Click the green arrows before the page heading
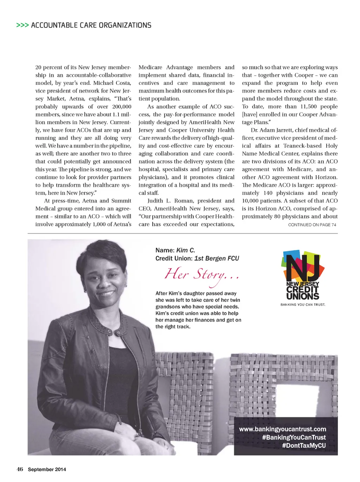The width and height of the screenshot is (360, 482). (x=22, y=25)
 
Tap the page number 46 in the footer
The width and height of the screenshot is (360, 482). (x=20, y=469)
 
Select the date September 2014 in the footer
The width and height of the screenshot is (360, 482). (x=47, y=469)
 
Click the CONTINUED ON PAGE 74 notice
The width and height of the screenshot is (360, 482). (x=312, y=225)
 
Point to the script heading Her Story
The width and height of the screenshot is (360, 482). (x=201, y=274)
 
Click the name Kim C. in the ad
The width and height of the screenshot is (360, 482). (x=185, y=250)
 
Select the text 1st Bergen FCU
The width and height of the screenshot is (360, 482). (x=217, y=258)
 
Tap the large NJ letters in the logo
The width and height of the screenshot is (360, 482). (x=303, y=267)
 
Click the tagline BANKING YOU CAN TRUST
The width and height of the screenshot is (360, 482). (x=303, y=305)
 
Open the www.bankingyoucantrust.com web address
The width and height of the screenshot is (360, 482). (x=282, y=429)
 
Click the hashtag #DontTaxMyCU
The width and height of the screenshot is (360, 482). (x=304, y=445)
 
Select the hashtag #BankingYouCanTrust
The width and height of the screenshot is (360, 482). (x=294, y=437)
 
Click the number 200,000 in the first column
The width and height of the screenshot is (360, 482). (x=122, y=107)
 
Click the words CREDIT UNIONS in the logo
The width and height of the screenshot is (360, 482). (x=303, y=293)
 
